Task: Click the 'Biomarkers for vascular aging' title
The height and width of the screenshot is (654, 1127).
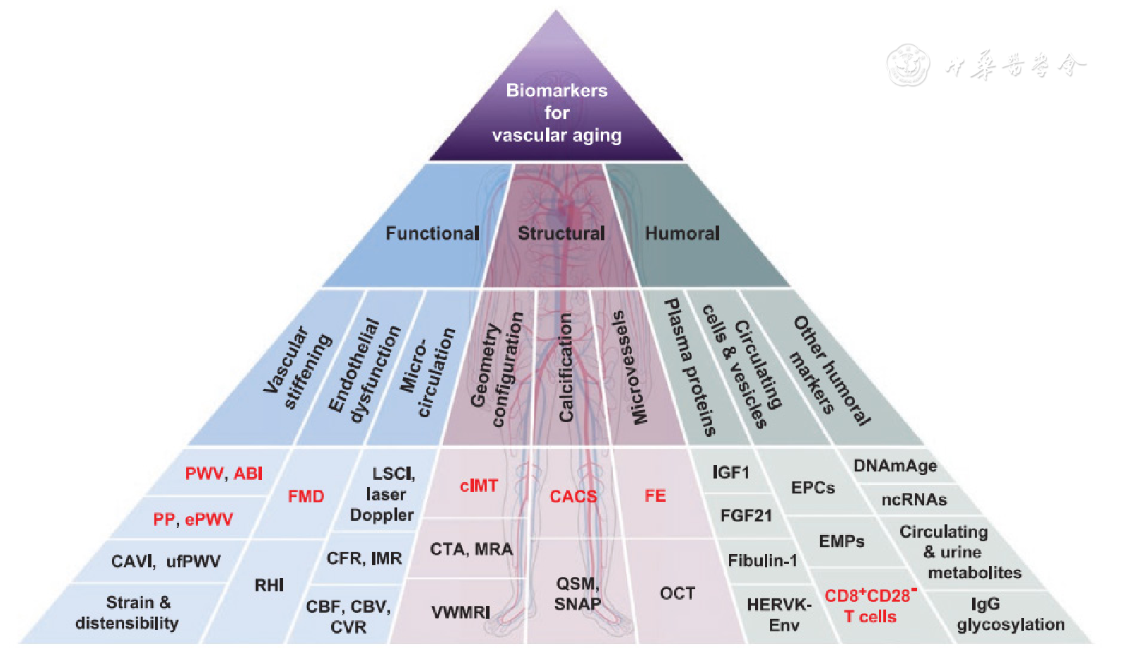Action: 556,113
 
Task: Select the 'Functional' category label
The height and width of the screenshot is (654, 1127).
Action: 432,233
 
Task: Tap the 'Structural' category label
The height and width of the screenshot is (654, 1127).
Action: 561,233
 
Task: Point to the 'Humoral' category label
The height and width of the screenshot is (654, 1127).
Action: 683,233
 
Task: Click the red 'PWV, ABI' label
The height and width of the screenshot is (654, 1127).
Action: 223,474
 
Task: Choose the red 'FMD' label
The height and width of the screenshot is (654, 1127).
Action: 306,496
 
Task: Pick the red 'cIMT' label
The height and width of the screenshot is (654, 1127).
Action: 478,486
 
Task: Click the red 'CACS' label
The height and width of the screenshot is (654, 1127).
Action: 573,496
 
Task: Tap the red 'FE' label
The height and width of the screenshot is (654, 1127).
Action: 655,496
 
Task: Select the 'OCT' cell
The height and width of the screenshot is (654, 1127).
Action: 678,593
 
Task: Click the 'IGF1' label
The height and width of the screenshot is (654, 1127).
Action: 730,472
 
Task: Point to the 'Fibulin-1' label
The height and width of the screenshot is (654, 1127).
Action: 762,560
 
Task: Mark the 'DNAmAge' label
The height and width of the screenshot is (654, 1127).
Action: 895,466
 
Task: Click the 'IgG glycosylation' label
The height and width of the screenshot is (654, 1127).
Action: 1010,614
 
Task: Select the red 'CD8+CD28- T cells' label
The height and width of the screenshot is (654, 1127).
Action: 870,605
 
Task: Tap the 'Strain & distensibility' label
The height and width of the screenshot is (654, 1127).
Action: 127,612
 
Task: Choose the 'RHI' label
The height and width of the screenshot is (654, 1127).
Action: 269,585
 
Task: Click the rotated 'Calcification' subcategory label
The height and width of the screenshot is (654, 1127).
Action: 566,368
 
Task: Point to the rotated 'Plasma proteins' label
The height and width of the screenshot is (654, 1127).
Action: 690,366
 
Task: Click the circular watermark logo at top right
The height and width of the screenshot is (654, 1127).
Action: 907,65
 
